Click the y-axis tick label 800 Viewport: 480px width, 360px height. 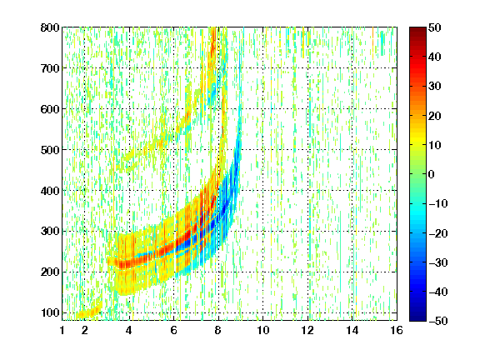tap(50, 27)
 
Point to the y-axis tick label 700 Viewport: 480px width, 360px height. tap(50, 68)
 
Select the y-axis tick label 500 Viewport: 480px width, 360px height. tap(50, 150)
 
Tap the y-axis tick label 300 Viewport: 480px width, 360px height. tap(50, 231)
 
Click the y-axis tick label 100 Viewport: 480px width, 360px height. tap(50, 312)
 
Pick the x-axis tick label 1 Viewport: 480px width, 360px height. tap(62, 330)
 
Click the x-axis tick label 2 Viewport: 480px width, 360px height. tap(85, 330)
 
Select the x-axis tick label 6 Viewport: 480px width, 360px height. tap(174, 330)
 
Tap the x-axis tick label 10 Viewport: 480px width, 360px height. tap(263, 330)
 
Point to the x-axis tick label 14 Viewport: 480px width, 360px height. tap(352, 330)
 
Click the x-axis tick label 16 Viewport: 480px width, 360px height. tap(397, 330)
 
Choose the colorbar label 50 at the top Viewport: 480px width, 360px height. tap(434, 27)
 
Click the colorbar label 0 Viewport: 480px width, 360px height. tap(432, 174)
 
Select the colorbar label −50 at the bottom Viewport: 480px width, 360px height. tap(437, 321)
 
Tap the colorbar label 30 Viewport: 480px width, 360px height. tap(434, 87)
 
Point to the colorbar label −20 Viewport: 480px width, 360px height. tap(437, 233)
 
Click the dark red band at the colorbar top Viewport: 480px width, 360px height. tap(417, 33)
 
